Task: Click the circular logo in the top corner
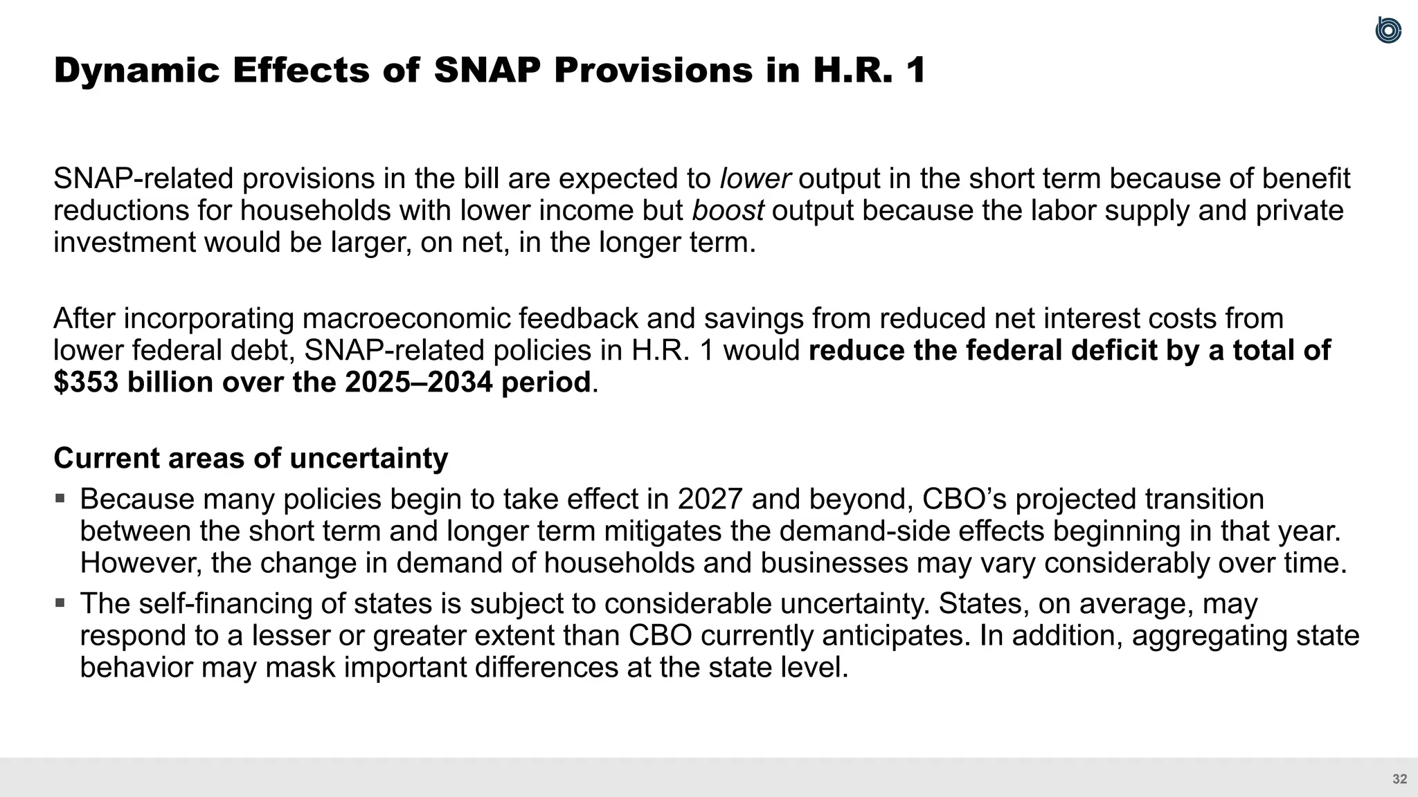click(x=1388, y=30)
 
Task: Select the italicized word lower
click(x=755, y=179)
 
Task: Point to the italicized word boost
click(x=728, y=211)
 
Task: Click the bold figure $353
click(x=86, y=383)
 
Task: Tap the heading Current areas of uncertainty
click(x=251, y=459)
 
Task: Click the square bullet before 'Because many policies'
click(x=60, y=497)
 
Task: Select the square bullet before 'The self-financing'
click(x=60, y=602)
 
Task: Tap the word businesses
click(x=834, y=563)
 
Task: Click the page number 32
click(x=1399, y=779)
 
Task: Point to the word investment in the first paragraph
click(x=124, y=243)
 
